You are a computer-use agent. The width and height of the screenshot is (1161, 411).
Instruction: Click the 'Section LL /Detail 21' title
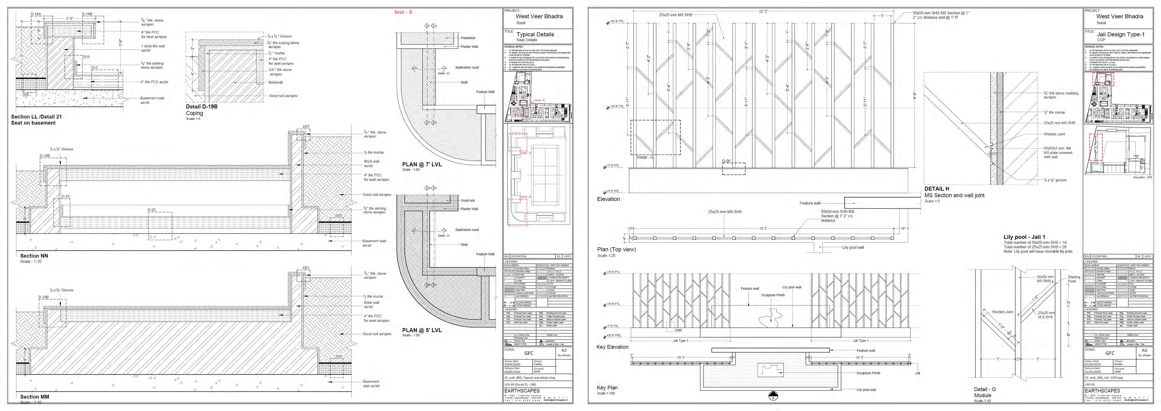coord(36,117)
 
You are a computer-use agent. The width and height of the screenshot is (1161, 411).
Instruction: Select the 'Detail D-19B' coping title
coord(201,107)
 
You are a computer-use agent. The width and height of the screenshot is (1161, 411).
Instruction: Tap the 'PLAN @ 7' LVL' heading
coord(422,164)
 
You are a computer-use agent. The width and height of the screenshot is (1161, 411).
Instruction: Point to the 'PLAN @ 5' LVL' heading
coord(422,330)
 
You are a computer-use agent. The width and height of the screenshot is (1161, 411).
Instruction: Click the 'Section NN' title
coord(34,256)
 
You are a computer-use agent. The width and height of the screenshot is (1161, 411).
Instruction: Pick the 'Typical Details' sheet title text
coord(535,34)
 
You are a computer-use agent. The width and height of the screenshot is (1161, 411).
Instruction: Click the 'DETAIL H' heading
coord(937,189)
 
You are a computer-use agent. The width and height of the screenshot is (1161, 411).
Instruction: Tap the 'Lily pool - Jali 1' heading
coord(1024,237)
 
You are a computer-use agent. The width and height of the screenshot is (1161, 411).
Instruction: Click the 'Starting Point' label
coord(1074,279)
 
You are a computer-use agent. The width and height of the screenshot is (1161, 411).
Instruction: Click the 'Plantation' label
coord(468,38)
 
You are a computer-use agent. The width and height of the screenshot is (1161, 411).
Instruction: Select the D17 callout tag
coord(95,68)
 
